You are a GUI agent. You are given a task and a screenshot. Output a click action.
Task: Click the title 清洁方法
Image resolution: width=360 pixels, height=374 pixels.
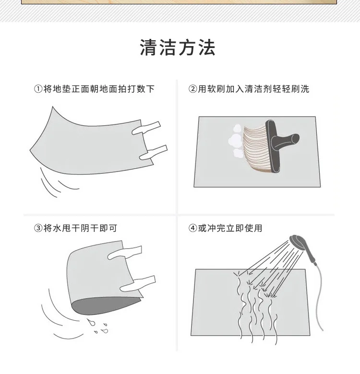coord(178,48)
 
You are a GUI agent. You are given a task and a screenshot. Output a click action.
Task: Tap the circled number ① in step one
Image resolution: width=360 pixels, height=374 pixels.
coord(38,89)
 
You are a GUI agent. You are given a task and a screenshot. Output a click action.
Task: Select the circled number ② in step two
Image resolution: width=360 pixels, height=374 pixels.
coord(192,89)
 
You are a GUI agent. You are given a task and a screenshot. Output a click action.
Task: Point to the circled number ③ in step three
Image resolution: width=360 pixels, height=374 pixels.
coord(38,228)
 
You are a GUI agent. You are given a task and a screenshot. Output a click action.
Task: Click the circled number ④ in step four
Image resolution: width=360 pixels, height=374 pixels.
coord(192,228)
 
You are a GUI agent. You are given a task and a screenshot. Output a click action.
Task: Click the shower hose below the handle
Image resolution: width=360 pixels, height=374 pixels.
coord(319,298)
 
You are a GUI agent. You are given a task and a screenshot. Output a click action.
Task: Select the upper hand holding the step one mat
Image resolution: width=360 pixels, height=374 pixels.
coord(146,128)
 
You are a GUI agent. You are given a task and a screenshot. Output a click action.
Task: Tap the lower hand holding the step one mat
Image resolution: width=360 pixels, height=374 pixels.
coord(153,153)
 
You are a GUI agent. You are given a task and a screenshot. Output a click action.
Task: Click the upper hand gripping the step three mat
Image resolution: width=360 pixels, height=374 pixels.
coord(124,253)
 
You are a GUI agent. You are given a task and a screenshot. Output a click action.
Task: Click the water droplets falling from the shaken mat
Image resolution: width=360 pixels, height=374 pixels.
coord(98,326)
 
